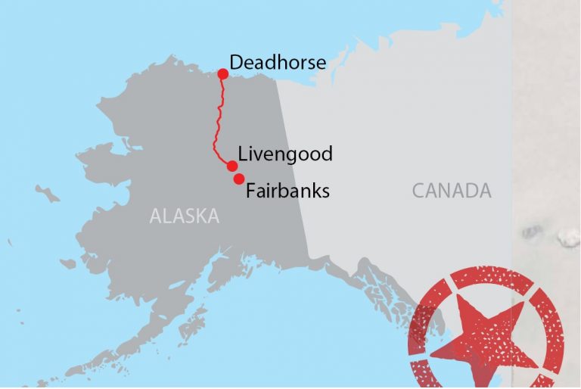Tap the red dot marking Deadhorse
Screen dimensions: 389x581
click(223, 73)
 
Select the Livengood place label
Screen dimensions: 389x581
click(285, 154)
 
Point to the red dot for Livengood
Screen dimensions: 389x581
click(232, 166)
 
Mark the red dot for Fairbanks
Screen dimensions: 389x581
click(238, 179)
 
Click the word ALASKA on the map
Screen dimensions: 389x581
click(184, 216)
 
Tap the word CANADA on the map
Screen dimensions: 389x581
click(452, 191)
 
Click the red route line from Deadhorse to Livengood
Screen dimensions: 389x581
click(219, 121)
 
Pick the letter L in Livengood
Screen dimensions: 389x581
click(243, 154)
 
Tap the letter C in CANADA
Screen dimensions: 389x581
click(418, 191)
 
